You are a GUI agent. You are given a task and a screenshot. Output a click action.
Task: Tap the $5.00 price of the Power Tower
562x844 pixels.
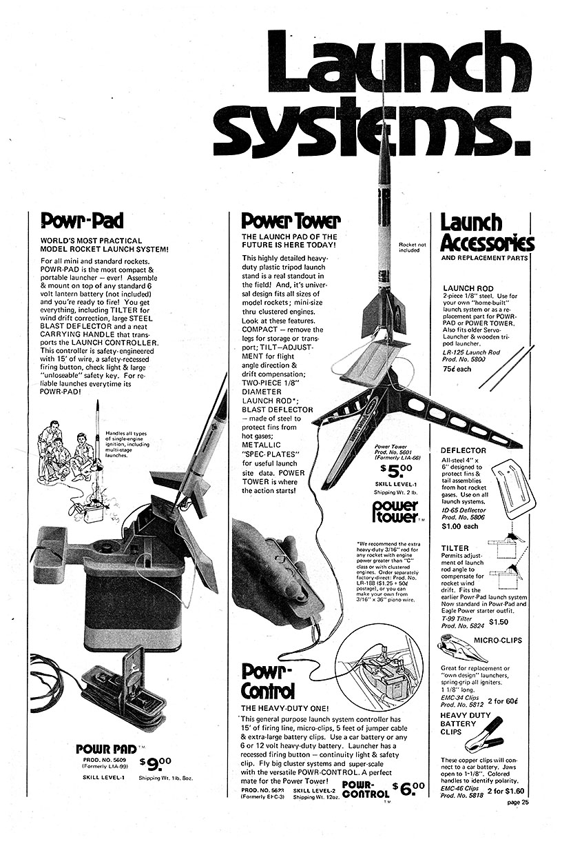tap(397, 471)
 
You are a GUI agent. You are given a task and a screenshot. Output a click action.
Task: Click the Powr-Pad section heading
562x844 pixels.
tap(82, 221)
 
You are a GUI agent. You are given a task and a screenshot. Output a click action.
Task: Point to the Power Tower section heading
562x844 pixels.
tap(291, 221)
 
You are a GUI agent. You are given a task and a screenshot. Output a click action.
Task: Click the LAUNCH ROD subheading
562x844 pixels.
tap(468, 288)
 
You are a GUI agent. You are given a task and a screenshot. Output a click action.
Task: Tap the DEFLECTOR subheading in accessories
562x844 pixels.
tap(464, 450)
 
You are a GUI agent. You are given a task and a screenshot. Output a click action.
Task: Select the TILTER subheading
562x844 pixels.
tap(455, 548)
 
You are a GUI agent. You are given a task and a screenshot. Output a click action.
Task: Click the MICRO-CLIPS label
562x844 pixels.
tap(498, 640)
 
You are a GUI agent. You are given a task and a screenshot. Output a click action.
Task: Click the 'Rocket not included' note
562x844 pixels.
tap(412, 247)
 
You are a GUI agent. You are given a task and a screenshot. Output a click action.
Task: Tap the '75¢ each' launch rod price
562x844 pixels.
tap(457, 369)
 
